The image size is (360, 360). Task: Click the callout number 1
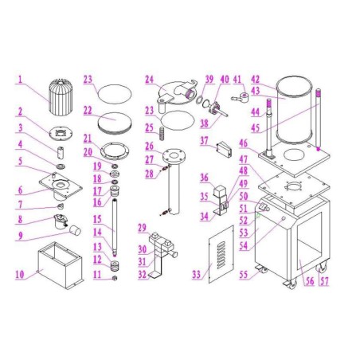pos(22,79)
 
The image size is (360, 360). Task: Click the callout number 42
pos(255,79)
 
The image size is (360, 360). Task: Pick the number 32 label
pos(143,275)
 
